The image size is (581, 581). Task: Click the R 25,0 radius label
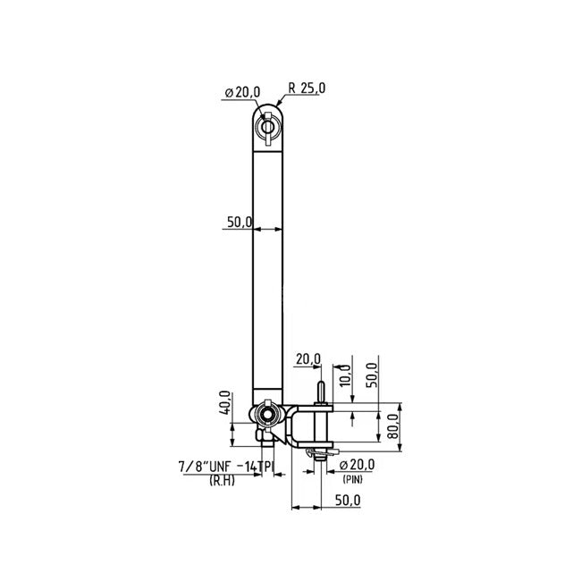click(307, 88)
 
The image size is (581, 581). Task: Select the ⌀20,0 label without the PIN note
click(243, 92)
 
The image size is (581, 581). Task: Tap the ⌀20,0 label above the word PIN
click(358, 465)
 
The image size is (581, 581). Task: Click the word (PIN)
click(352, 479)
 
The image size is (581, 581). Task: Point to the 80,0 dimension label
click(393, 426)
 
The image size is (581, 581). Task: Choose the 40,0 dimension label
click(225, 403)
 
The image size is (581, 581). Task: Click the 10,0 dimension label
click(345, 375)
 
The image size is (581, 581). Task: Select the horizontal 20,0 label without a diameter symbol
click(308, 359)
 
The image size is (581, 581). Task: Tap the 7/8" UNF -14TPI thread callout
click(226, 467)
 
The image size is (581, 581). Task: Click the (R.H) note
click(222, 481)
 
